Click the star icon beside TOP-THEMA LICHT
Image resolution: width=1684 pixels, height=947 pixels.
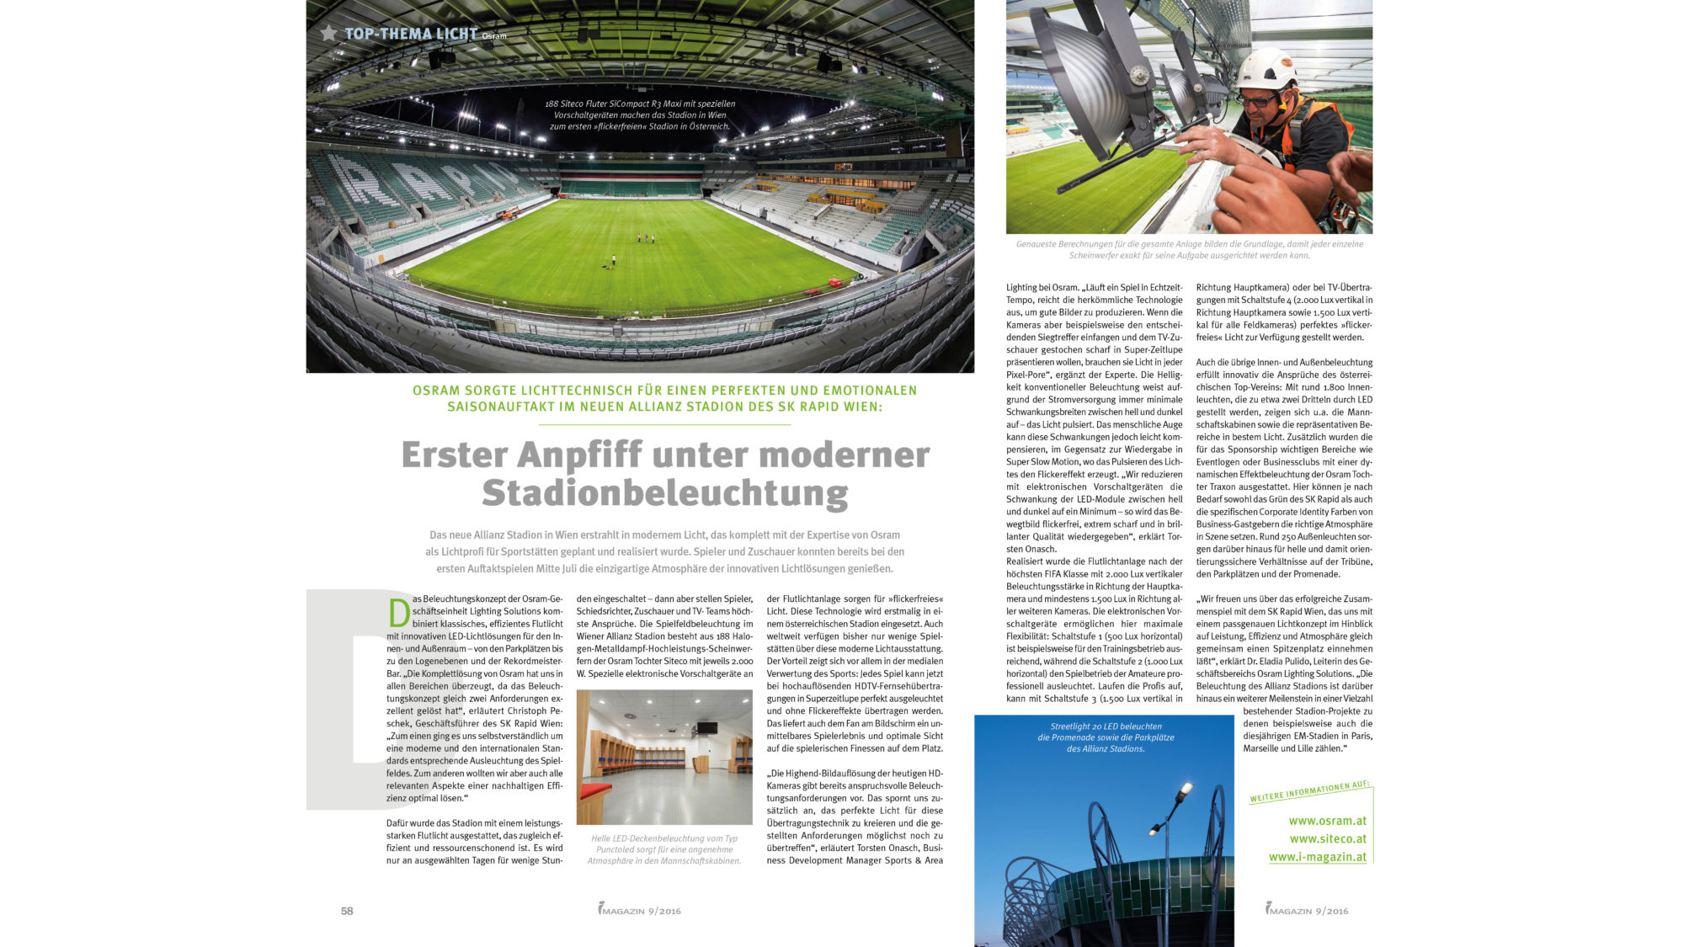[328, 34]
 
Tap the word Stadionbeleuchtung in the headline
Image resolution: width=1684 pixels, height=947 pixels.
[664, 494]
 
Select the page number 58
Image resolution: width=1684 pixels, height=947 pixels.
[347, 911]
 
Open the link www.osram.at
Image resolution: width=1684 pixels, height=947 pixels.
[1327, 821]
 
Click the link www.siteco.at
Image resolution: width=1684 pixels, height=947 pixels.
[1328, 838]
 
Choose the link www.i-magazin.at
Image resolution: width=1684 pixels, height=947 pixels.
[1318, 857]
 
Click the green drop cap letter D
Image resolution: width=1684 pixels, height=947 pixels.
[399, 613]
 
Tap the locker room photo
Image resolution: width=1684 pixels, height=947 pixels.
[664, 757]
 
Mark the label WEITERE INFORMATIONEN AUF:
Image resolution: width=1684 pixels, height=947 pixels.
[1309, 791]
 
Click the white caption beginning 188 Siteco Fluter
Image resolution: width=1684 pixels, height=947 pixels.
[640, 115]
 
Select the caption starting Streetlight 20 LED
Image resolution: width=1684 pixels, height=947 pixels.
[1106, 737]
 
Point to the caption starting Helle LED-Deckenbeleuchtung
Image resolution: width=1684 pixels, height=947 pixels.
[664, 849]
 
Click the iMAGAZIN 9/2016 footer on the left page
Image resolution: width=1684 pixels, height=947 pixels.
[640, 910]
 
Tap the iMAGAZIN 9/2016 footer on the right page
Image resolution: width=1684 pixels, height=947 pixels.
[1306, 910]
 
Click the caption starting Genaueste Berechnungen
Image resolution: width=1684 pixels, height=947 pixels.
[1189, 249]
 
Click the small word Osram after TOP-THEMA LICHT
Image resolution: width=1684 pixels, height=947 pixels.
[494, 36]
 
